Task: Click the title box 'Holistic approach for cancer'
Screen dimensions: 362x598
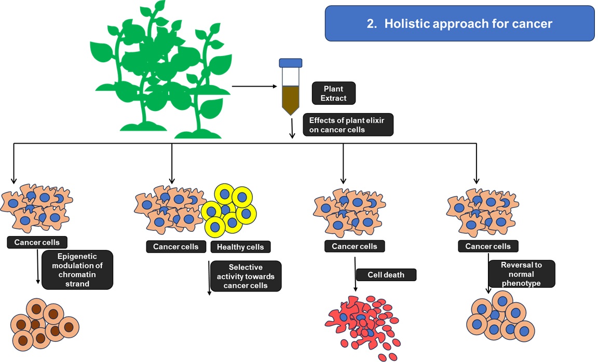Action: pyautogui.click(x=459, y=23)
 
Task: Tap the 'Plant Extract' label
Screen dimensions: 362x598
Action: pyautogui.click(x=333, y=93)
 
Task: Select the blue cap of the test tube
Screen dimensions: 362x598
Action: pyautogui.click(x=290, y=63)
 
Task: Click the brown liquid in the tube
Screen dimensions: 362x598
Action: pyautogui.click(x=290, y=99)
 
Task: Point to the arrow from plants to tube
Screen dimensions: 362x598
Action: pyautogui.click(x=254, y=86)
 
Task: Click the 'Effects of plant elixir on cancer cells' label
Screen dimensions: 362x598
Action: pyautogui.click(x=348, y=125)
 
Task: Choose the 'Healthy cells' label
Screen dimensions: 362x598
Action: pyautogui.click(x=240, y=247)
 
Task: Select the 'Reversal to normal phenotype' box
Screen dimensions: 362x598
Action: pyautogui.click(x=521, y=274)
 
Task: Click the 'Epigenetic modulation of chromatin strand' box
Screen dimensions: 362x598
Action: pyautogui.click(x=76, y=269)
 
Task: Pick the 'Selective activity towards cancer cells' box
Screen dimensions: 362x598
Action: pyautogui.click(x=246, y=276)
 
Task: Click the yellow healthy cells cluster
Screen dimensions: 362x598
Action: pyautogui.click(x=228, y=210)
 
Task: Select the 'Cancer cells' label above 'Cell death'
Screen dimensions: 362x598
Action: pyautogui.click(x=355, y=246)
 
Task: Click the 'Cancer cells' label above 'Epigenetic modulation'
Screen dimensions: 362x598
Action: pyautogui.click(x=37, y=242)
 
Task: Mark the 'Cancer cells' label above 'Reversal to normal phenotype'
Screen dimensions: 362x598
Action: pyautogui.click(x=488, y=246)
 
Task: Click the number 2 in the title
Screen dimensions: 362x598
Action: pyautogui.click(x=371, y=23)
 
